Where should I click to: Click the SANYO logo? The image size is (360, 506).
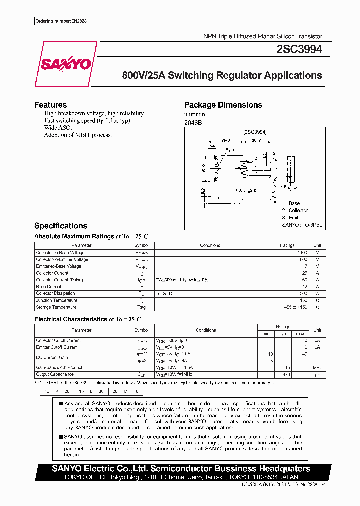point(65,64)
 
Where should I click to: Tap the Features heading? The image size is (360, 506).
point(50,105)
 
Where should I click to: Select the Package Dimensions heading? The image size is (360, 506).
point(223,105)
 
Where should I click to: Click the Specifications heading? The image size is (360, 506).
point(60,226)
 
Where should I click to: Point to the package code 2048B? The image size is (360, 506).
point(193,122)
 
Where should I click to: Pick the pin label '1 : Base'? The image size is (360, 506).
point(291,203)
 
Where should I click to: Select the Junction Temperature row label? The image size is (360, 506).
point(57,300)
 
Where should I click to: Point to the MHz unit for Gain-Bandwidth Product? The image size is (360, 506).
point(317,367)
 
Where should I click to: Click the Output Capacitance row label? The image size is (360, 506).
point(55,374)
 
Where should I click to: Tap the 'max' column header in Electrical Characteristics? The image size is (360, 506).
point(300,333)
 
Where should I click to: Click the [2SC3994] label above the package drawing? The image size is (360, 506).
point(255,132)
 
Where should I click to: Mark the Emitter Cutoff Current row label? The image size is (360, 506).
point(57,347)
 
